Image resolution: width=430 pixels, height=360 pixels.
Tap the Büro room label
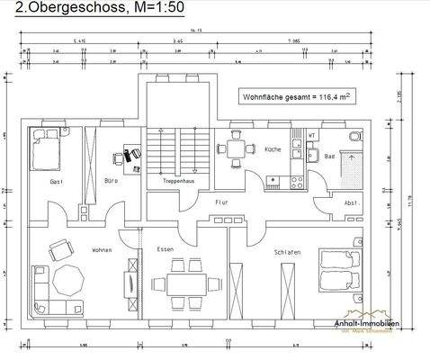click(111, 182)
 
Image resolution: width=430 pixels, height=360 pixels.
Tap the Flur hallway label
click(222, 203)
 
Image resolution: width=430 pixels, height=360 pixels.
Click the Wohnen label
click(101, 249)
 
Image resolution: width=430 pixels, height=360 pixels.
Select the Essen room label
click(165, 249)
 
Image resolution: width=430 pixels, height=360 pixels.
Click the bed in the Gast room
click(42, 146)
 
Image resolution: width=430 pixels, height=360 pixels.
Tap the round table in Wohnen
click(68, 280)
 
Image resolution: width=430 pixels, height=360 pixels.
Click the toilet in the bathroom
click(355, 137)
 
